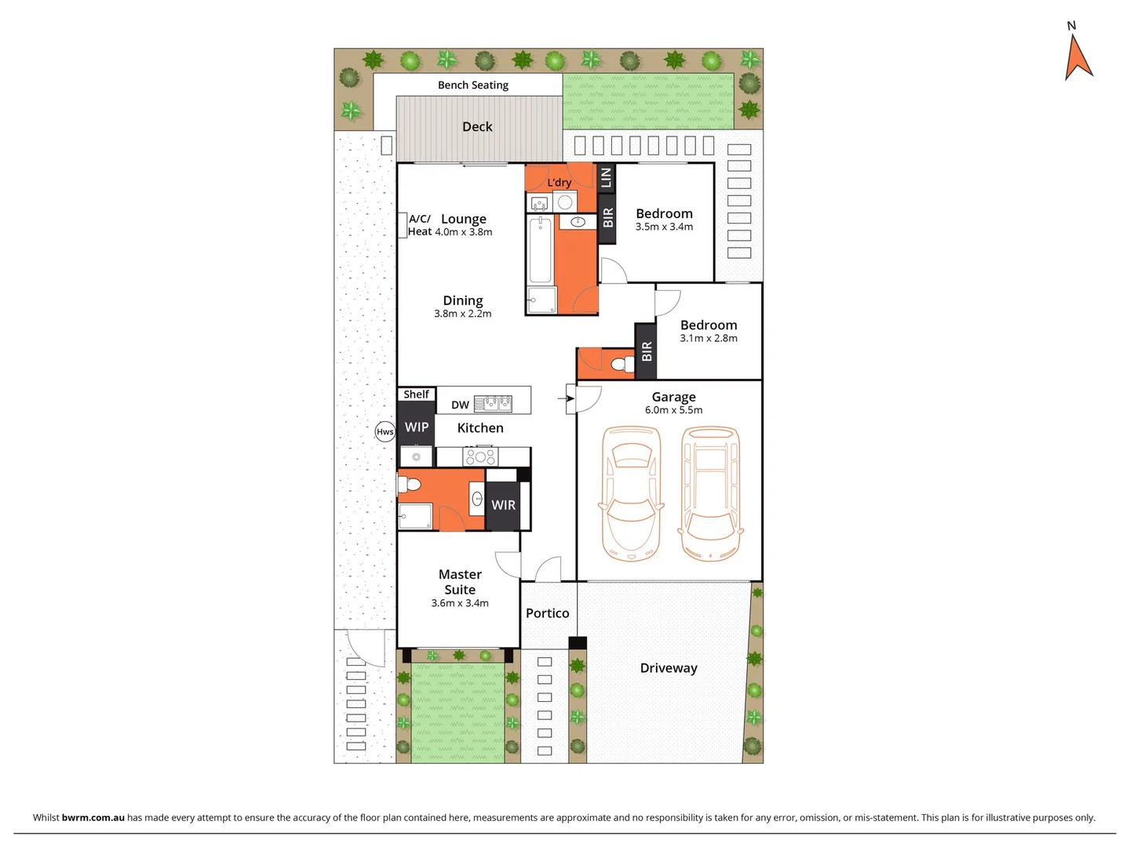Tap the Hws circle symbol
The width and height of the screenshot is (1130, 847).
pos(385,431)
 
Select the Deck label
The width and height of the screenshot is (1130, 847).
pos(477,127)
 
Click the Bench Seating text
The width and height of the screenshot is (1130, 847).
pos(472,85)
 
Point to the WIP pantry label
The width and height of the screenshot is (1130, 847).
pos(416,427)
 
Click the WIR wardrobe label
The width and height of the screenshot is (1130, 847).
pos(503,506)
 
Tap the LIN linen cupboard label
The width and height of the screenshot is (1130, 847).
pos(605,178)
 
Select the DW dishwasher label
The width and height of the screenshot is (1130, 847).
pos(460,405)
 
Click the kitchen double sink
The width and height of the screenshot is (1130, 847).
pos(493,403)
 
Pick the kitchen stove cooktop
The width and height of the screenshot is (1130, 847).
pos(479,456)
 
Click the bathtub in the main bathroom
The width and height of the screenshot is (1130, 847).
pos(540,250)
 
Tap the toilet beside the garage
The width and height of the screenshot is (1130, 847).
pos(623,365)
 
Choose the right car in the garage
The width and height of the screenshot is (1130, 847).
pos(711,494)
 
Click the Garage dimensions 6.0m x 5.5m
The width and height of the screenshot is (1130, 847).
pos(673,410)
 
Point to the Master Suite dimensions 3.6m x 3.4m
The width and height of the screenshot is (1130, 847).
pos(460,603)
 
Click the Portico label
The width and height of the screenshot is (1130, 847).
pos(547,613)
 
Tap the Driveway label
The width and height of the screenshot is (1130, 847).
pos(669,668)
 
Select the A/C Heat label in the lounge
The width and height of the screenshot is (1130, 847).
pos(420,225)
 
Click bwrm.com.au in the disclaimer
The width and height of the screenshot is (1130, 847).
pos(93,817)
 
